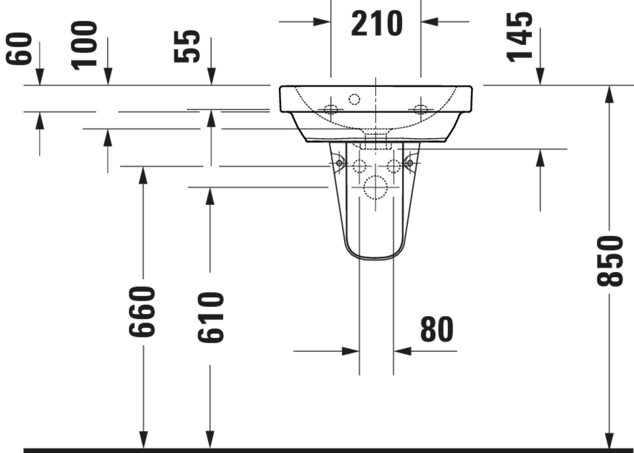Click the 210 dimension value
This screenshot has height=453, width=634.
(x=377, y=23)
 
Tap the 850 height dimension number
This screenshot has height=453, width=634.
(x=610, y=261)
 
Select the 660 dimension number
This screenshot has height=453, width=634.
(x=142, y=312)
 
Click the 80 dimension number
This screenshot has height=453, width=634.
(x=437, y=329)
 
